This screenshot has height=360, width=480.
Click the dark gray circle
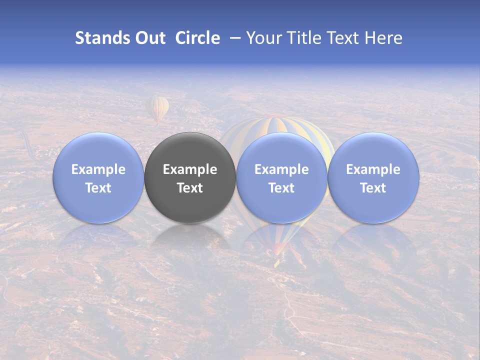[x=190, y=200]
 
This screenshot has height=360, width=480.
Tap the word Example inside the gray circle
[x=190, y=169]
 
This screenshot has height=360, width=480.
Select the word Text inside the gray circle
[x=190, y=188]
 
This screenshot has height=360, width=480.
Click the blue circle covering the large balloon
[x=281, y=205]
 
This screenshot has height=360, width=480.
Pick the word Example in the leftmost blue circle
[x=98, y=169]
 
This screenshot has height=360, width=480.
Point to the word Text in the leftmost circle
[x=98, y=188]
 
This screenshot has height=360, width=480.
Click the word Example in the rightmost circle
[x=373, y=169]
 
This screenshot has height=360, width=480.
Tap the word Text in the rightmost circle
[x=373, y=188]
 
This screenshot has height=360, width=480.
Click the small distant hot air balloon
[x=157, y=108]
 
